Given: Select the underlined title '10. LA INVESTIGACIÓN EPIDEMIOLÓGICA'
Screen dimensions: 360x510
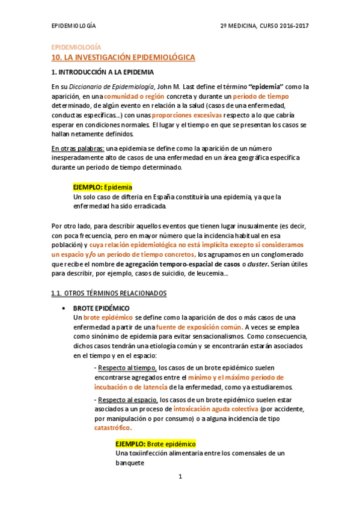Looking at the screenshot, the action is (x=123, y=57).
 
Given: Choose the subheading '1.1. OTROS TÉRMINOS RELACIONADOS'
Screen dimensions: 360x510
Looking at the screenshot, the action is (x=108, y=293).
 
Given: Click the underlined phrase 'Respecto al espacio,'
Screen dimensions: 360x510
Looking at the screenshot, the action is (x=128, y=399).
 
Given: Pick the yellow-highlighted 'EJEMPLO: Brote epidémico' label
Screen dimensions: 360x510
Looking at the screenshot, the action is (x=155, y=443).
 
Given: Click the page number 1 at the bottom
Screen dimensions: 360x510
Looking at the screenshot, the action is (x=180, y=477).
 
